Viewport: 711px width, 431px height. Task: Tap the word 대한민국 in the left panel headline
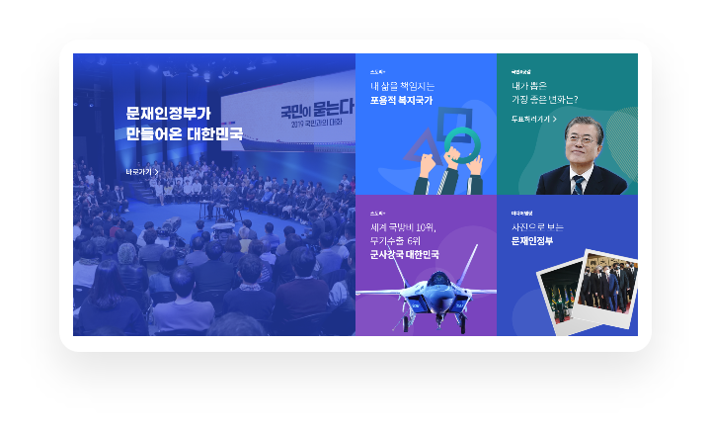(213, 133)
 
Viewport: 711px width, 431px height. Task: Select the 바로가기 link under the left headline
(142, 172)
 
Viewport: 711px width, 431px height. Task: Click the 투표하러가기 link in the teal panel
(533, 119)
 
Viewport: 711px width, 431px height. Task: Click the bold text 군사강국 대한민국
(405, 254)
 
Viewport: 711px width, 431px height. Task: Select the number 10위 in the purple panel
(422, 226)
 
